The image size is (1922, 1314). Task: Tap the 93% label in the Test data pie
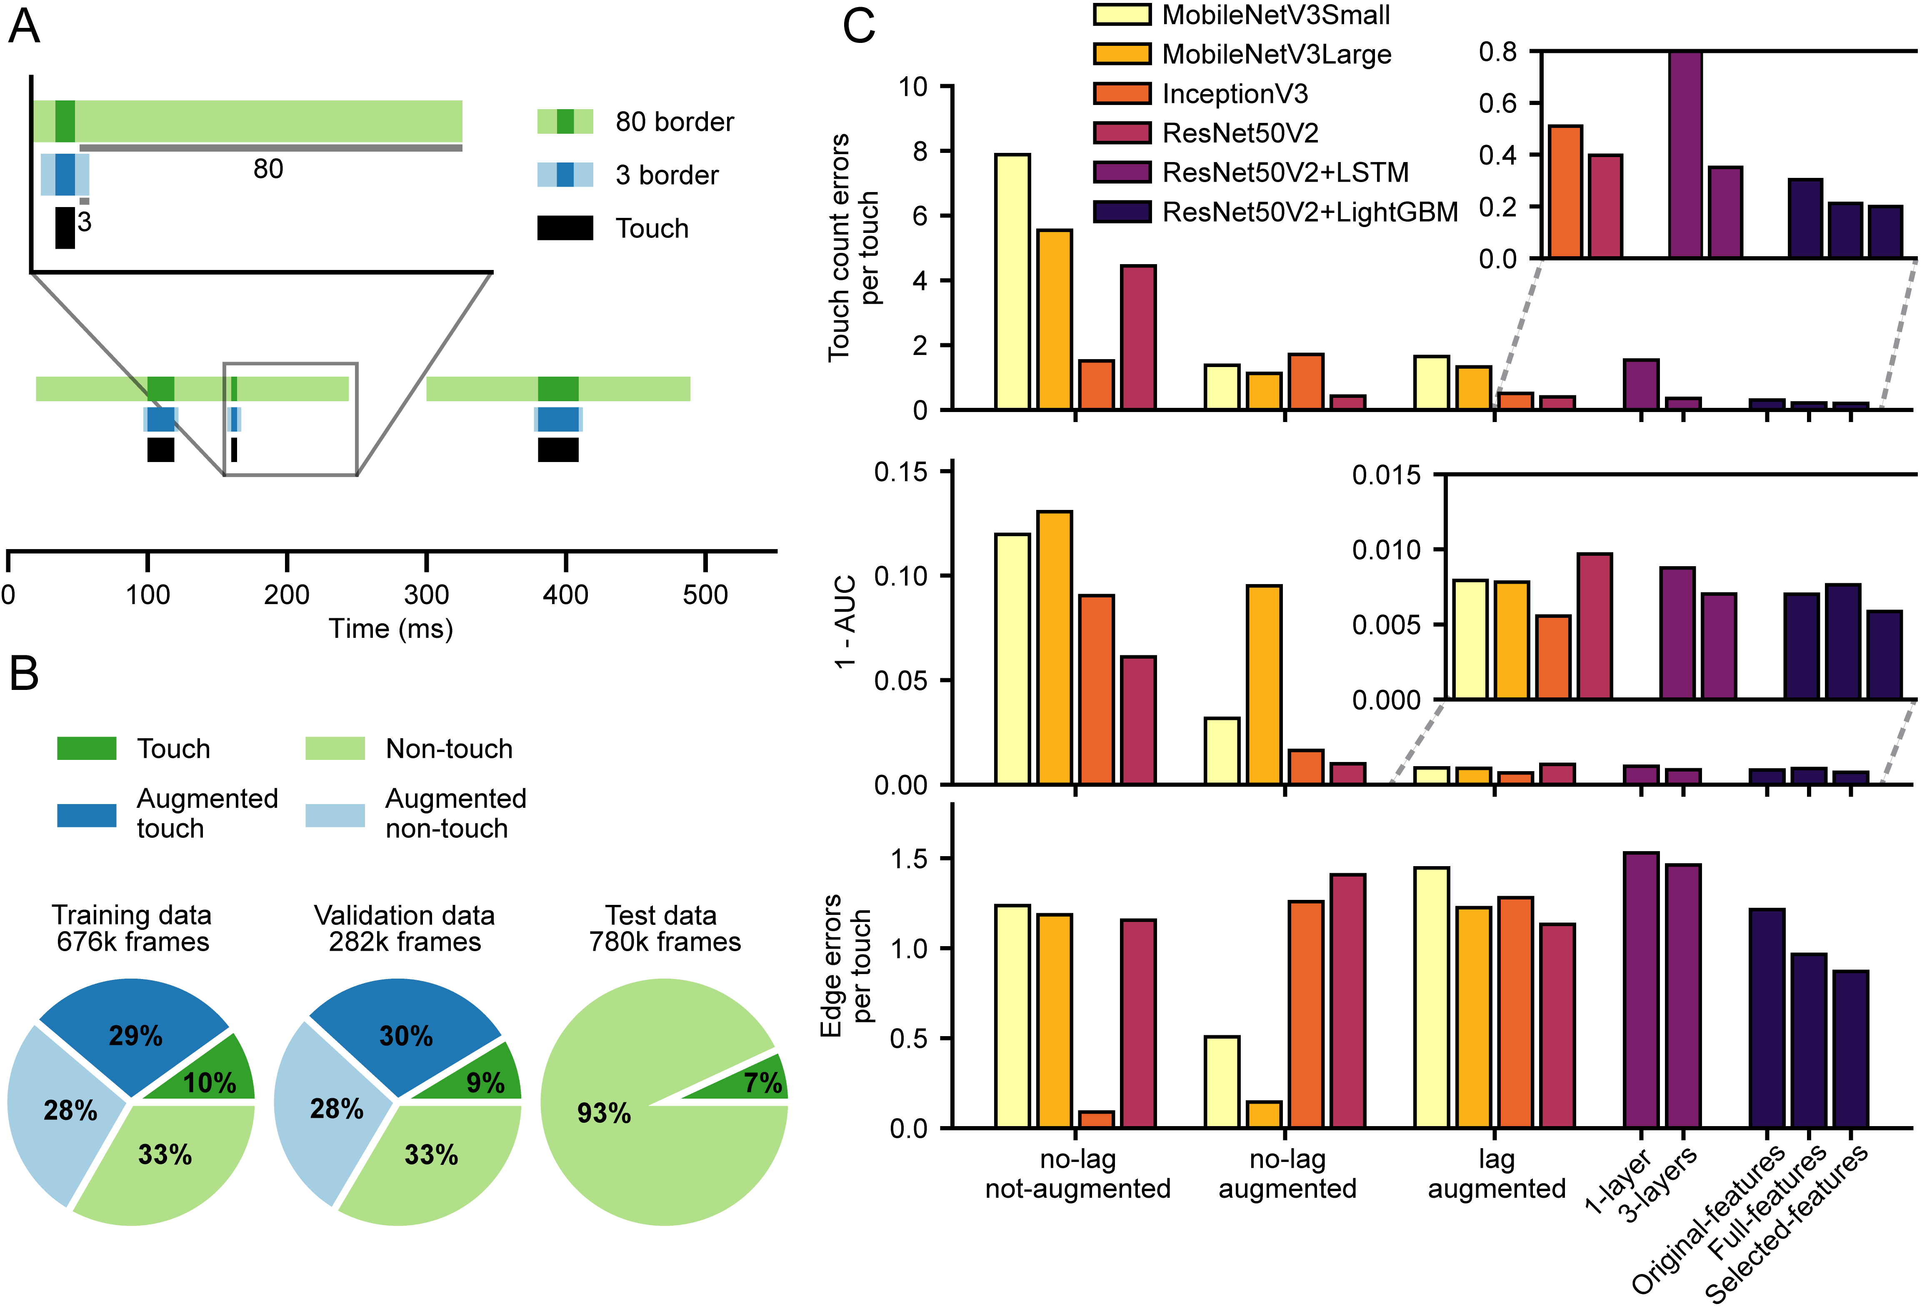604,1113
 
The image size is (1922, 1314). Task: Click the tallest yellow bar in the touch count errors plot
1012,281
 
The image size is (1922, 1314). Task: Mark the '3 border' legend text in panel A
667,175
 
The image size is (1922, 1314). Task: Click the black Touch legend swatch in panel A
565,228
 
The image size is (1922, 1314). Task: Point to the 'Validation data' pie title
405,915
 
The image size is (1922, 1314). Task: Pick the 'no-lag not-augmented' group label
1077,1174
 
